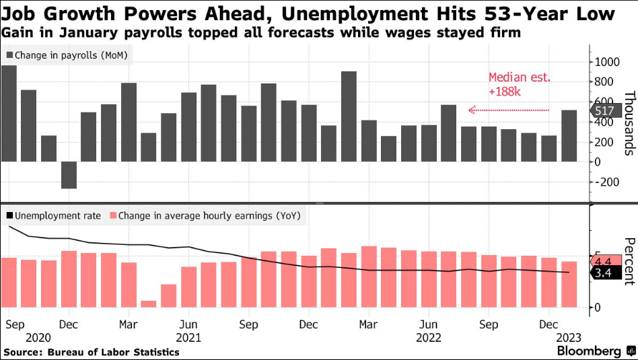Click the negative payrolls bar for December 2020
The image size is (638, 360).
pos(69,175)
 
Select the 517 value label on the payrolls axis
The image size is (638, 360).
pos(602,112)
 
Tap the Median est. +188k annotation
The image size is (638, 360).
pos(519,83)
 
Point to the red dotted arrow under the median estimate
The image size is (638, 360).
pos(509,109)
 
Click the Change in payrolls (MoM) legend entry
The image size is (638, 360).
pos(65,55)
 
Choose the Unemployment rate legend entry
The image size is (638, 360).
pos(54,216)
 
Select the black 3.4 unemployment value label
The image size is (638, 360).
pos(602,273)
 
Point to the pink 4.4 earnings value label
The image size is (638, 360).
pos(602,261)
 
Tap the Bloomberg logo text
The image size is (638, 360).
pos(589,351)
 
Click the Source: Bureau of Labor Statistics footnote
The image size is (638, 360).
pos(92,352)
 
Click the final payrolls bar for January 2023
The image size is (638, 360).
pos(569,136)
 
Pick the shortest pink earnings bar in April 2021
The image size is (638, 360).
pos(149,303)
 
